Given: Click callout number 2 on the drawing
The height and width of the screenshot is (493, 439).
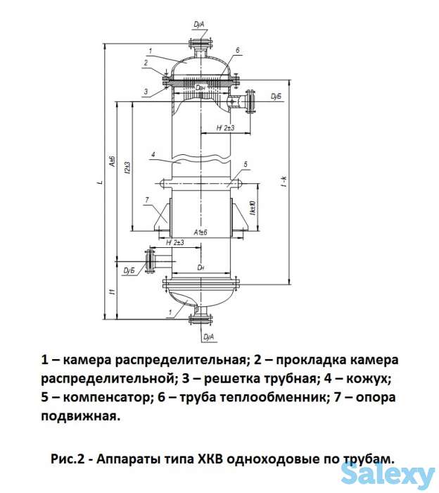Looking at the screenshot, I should (x=145, y=63).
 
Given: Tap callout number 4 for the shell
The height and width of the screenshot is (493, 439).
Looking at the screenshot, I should (x=153, y=153).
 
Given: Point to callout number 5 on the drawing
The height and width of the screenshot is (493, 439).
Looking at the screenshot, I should (x=246, y=164).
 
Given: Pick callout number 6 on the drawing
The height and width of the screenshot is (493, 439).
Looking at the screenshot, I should (x=238, y=51).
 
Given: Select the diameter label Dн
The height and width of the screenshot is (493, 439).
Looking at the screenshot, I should (x=201, y=268).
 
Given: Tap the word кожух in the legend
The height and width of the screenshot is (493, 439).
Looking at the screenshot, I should (x=365, y=378).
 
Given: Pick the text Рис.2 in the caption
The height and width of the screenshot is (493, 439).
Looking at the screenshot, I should (x=68, y=457).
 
